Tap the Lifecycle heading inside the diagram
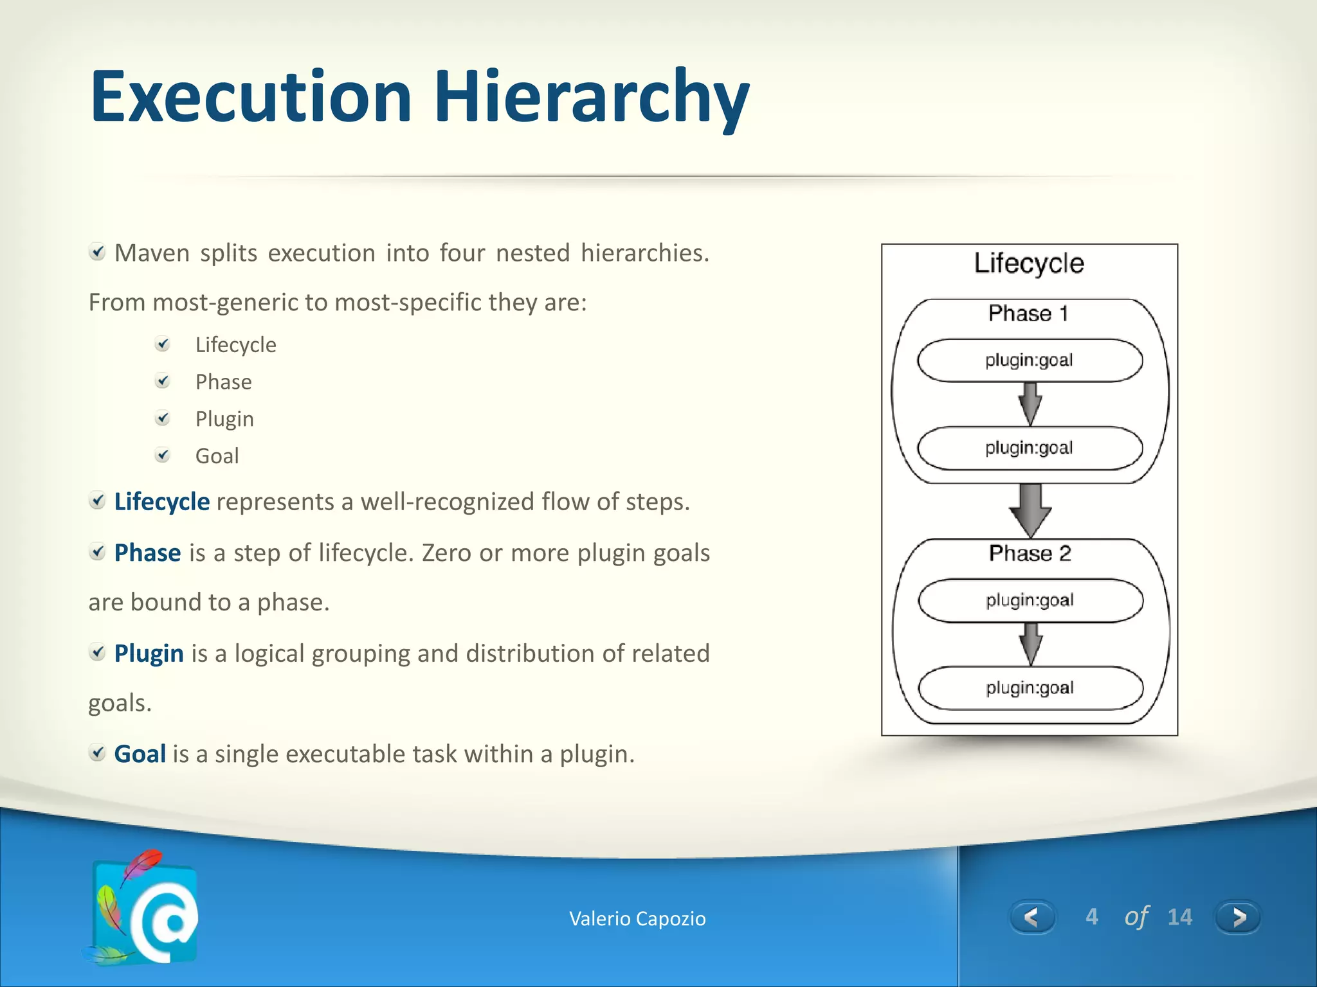pos(1029,263)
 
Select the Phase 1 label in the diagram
pos(1028,314)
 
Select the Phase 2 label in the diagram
pos(1030,553)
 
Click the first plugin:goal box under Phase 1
pos(1030,360)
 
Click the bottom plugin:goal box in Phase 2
pos(1030,688)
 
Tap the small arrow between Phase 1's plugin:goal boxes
pos(1030,404)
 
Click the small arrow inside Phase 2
pos(1031,644)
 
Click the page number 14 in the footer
pos(1179,917)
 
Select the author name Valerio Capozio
pos(637,919)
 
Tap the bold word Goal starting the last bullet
pos(140,754)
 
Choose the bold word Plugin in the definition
pos(149,654)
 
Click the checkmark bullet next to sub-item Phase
pos(163,381)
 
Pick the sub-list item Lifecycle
pos(235,345)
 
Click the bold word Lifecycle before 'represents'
pos(161,502)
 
